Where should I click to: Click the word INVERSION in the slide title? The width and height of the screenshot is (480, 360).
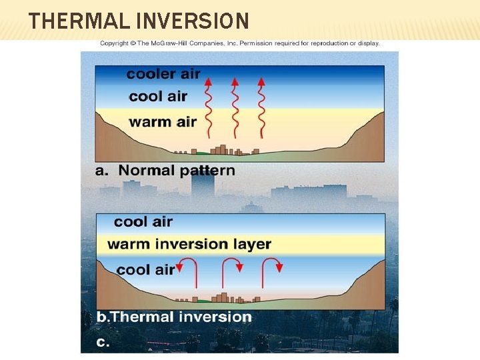(193, 21)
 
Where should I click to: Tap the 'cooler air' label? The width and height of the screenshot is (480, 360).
(163, 74)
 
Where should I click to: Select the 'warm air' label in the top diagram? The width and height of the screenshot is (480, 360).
(163, 122)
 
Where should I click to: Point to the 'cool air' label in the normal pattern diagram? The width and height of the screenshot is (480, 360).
(158, 97)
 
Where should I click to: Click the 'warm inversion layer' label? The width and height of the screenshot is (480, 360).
(189, 244)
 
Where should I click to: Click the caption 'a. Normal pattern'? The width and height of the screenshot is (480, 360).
(165, 170)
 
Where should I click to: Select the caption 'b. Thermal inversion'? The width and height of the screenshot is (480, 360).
(174, 317)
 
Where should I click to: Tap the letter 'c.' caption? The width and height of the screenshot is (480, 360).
(103, 342)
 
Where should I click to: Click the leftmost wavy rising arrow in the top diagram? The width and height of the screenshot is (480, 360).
(209, 107)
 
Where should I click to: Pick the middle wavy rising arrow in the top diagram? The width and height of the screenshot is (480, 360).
(235, 107)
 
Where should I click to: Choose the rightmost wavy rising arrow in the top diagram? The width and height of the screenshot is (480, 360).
(261, 107)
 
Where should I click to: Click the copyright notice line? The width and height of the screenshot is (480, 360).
(240, 43)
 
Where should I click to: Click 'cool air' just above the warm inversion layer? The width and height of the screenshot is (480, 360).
(143, 222)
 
